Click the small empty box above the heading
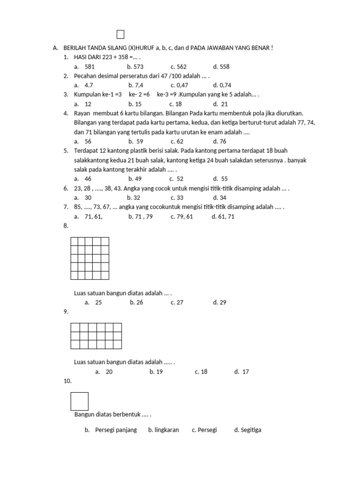tap(120, 34)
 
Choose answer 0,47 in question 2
tap(179, 85)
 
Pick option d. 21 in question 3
tap(220, 104)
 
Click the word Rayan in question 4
tap(82, 113)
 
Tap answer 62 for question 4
tap(177, 141)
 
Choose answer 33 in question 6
tap(177, 197)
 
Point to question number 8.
tap(66, 225)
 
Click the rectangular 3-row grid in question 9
tap(96, 336)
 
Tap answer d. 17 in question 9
tap(242, 372)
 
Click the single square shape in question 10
tap(79, 401)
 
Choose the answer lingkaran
tap(164, 430)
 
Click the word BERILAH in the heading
tap(75, 48)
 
